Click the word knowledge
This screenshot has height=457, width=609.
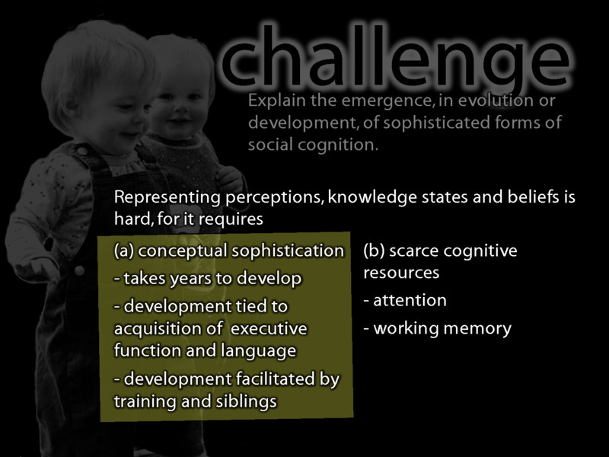365,198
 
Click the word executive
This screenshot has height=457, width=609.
268,329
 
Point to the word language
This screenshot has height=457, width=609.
259,350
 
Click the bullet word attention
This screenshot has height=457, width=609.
410,300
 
